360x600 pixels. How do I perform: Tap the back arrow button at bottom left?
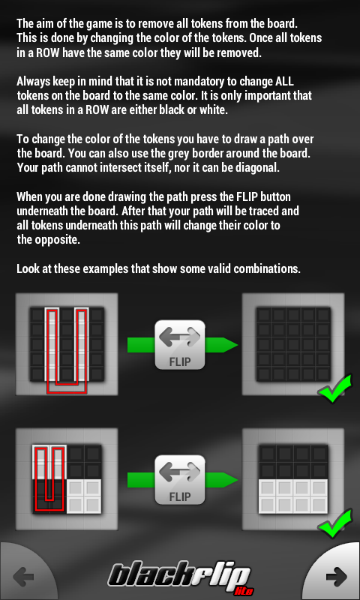24,576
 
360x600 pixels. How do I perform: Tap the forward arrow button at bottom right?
336,576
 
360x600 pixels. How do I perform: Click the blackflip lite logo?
180,579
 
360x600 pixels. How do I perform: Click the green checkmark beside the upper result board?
334,388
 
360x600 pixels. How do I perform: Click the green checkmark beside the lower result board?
334,523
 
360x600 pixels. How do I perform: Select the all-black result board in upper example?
293,344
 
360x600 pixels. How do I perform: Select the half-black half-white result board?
293,479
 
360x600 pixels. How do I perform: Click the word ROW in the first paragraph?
49,52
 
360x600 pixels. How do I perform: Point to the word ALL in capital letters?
285,81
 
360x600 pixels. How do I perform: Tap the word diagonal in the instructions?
256,167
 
